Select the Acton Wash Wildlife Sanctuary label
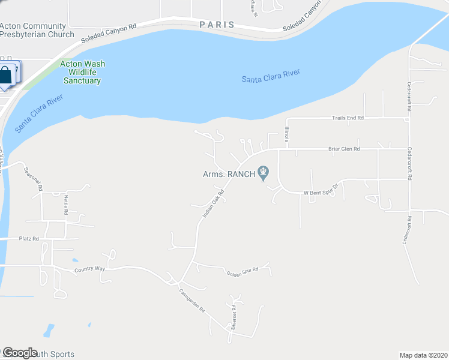pyautogui.click(x=80, y=73)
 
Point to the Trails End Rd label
pyautogui.click(x=348, y=118)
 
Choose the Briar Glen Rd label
pyautogui.click(x=343, y=149)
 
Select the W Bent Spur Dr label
pyautogui.click(x=321, y=193)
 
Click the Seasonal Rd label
pyautogui.click(x=34, y=178)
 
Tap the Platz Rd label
pyautogui.click(x=28, y=239)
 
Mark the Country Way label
pyautogui.click(x=89, y=269)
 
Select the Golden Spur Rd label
pyautogui.click(x=243, y=272)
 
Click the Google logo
pyautogui.click(x=20, y=353)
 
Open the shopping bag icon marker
pyautogui.click(x=6, y=75)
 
